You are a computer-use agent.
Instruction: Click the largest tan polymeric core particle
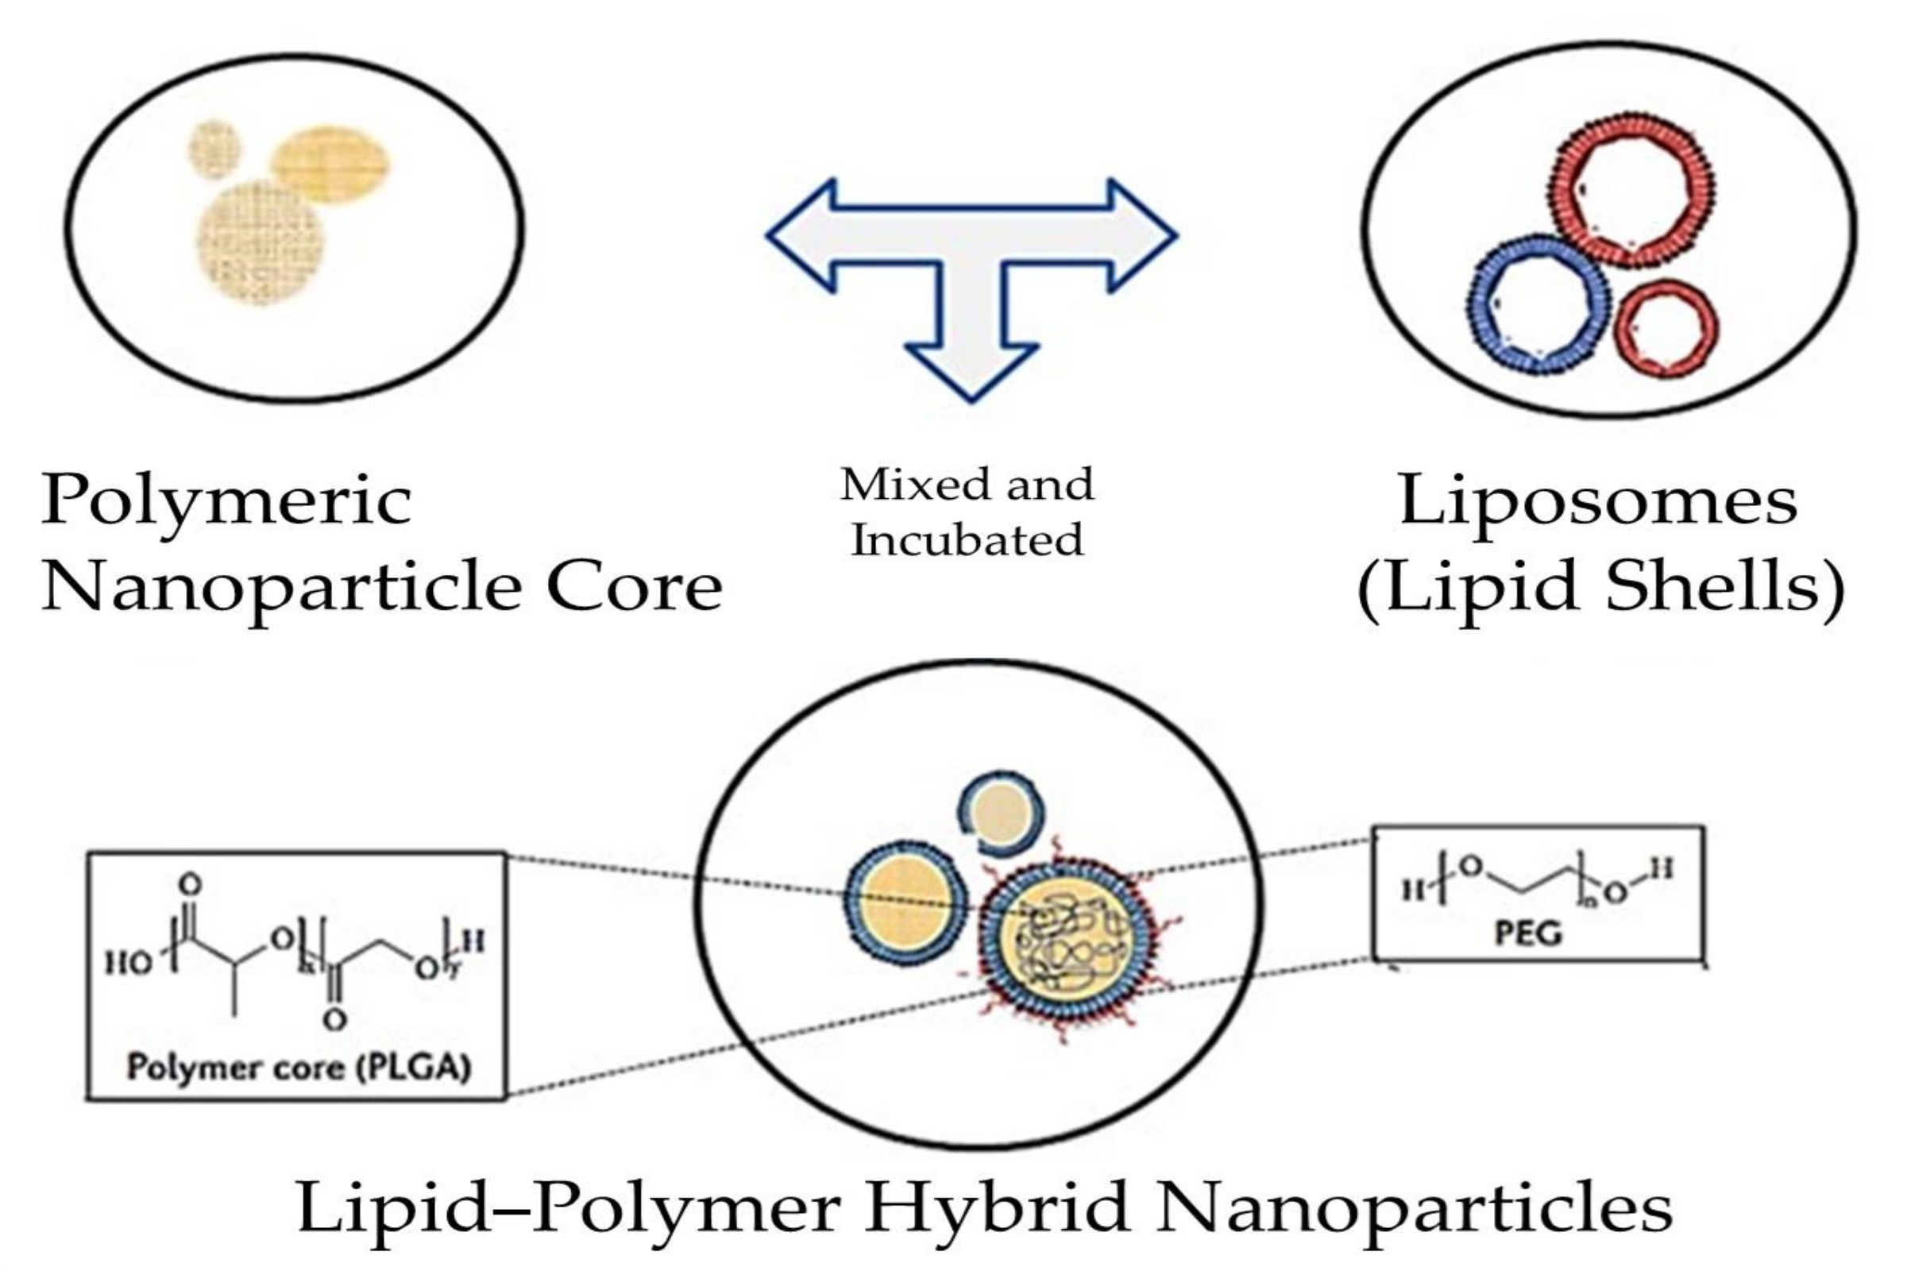[x=262, y=242]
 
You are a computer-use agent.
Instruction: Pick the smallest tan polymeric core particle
[x=214, y=149]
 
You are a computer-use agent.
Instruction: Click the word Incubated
[x=967, y=540]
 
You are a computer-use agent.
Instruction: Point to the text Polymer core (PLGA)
[x=298, y=1067]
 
